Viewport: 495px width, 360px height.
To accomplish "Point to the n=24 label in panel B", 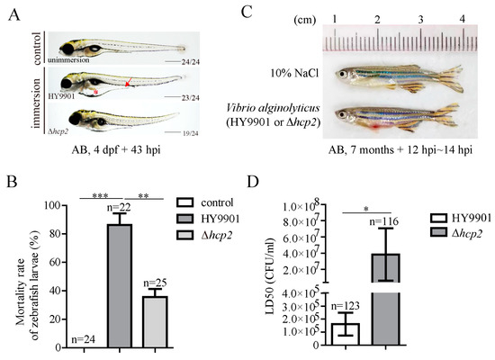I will [80, 338].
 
